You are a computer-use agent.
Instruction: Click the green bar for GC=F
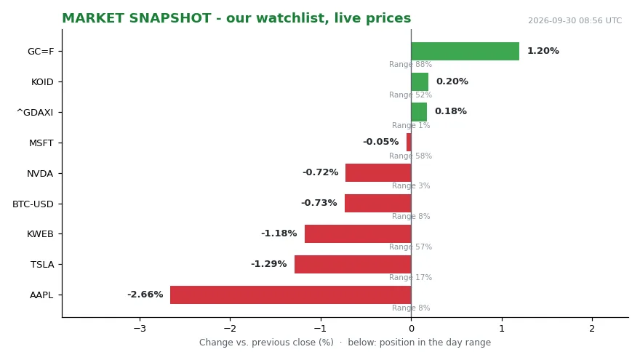click(465, 52)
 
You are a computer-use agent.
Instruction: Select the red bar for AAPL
click(291, 295)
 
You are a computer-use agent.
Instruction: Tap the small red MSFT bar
click(409, 143)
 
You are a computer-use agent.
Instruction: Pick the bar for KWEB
click(358, 234)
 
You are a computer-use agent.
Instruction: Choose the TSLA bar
click(353, 264)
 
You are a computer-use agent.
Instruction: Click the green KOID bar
click(420, 81)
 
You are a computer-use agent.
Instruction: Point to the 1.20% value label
click(543, 51)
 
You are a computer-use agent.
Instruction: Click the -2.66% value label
click(145, 295)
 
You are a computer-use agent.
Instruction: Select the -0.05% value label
click(381, 142)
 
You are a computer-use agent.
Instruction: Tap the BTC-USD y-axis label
click(33, 204)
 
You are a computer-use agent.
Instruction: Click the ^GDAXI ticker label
click(35, 112)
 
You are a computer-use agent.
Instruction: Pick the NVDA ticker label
click(40, 174)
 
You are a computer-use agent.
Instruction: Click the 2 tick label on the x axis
click(592, 329)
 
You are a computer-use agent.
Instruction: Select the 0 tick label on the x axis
click(412, 329)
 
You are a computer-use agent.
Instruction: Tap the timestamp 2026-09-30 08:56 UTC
click(575, 20)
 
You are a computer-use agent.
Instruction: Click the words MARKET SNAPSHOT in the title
click(137, 18)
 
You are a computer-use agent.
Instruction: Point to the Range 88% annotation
click(410, 64)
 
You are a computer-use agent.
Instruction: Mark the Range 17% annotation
click(410, 277)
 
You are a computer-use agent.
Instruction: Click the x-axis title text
click(345, 343)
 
